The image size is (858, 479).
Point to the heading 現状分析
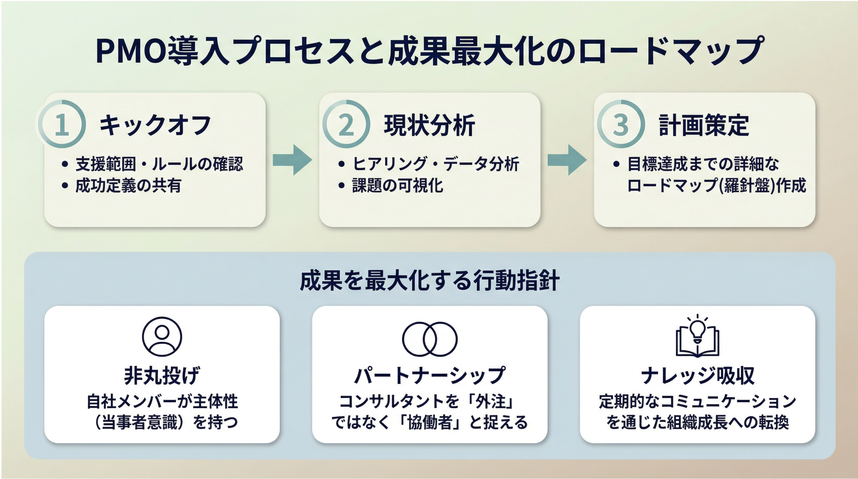(x=429, y=125)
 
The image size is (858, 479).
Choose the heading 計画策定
(x=704, y=125)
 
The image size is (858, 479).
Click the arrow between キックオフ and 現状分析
(x=292, y=160)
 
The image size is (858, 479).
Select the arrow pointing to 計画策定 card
(x=567, y=160)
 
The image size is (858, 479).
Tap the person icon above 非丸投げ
(x=162, y=337)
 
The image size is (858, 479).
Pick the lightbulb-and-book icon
(x=697, y=336)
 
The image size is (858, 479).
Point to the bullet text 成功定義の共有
(x=128, y=185)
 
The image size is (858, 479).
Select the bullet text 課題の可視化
(x=397, y=185)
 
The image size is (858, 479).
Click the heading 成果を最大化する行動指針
(x=429, y=281)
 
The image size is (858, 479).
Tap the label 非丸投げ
(x=162, y=375)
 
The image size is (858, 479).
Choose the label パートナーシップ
(x=430, y=375)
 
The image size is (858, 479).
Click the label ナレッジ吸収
(x=697, y=375)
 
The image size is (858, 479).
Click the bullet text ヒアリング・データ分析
(x=436, y=164)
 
